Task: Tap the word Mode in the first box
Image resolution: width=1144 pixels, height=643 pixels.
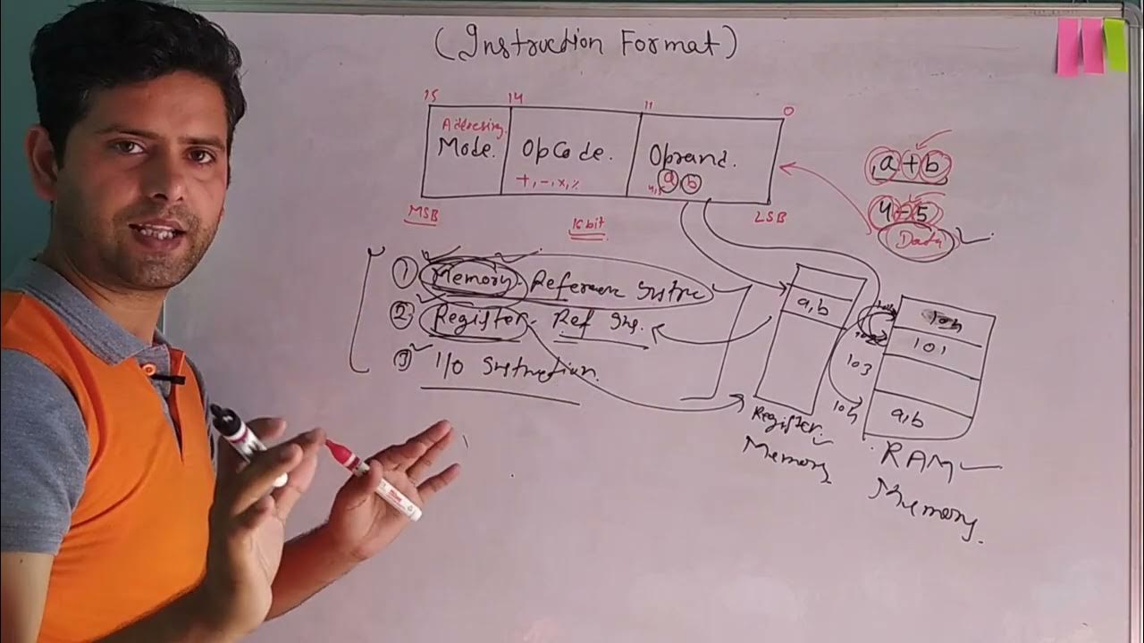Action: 467,150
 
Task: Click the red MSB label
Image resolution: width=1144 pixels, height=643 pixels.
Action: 423,214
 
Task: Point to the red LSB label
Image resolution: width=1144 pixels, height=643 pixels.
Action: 770,217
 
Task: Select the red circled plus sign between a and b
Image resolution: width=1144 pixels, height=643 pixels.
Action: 911,166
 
